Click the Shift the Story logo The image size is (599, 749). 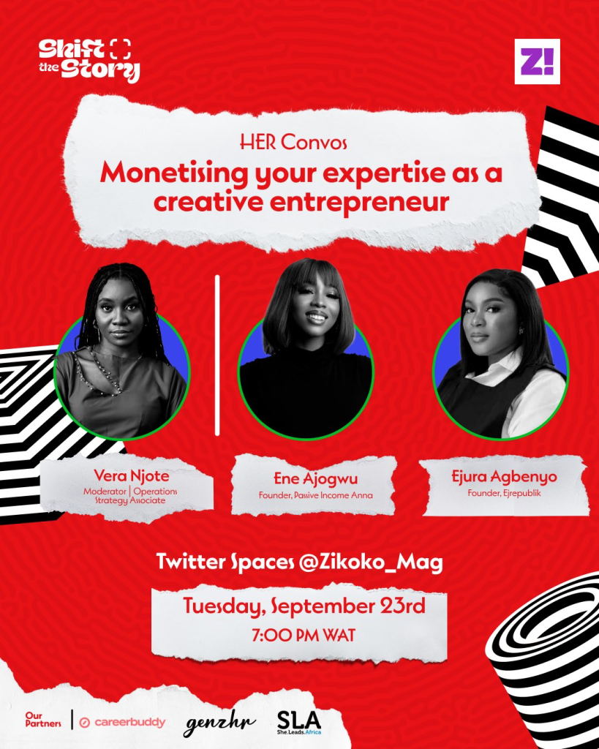coord(89,60)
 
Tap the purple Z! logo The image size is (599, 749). coord(537,61)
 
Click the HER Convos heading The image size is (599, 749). coord(293,142)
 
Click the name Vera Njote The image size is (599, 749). coord(132,475)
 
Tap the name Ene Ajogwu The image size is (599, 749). coord(315,478)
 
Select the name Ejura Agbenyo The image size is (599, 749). coord(504,476)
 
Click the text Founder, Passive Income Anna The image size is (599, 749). coord(316,495)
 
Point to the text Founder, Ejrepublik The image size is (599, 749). coord(505,493)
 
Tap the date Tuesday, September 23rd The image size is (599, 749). coord(304,606)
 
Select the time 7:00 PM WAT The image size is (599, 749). coord(304,636)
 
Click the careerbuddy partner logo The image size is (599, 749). coord(122,722)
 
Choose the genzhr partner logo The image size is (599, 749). coord(219,724)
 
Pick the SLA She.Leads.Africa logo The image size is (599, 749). coord(299,722)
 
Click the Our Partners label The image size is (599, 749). coord(43,720)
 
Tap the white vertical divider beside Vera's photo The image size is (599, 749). coord(217,355)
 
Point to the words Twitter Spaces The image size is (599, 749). coord(225,562)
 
